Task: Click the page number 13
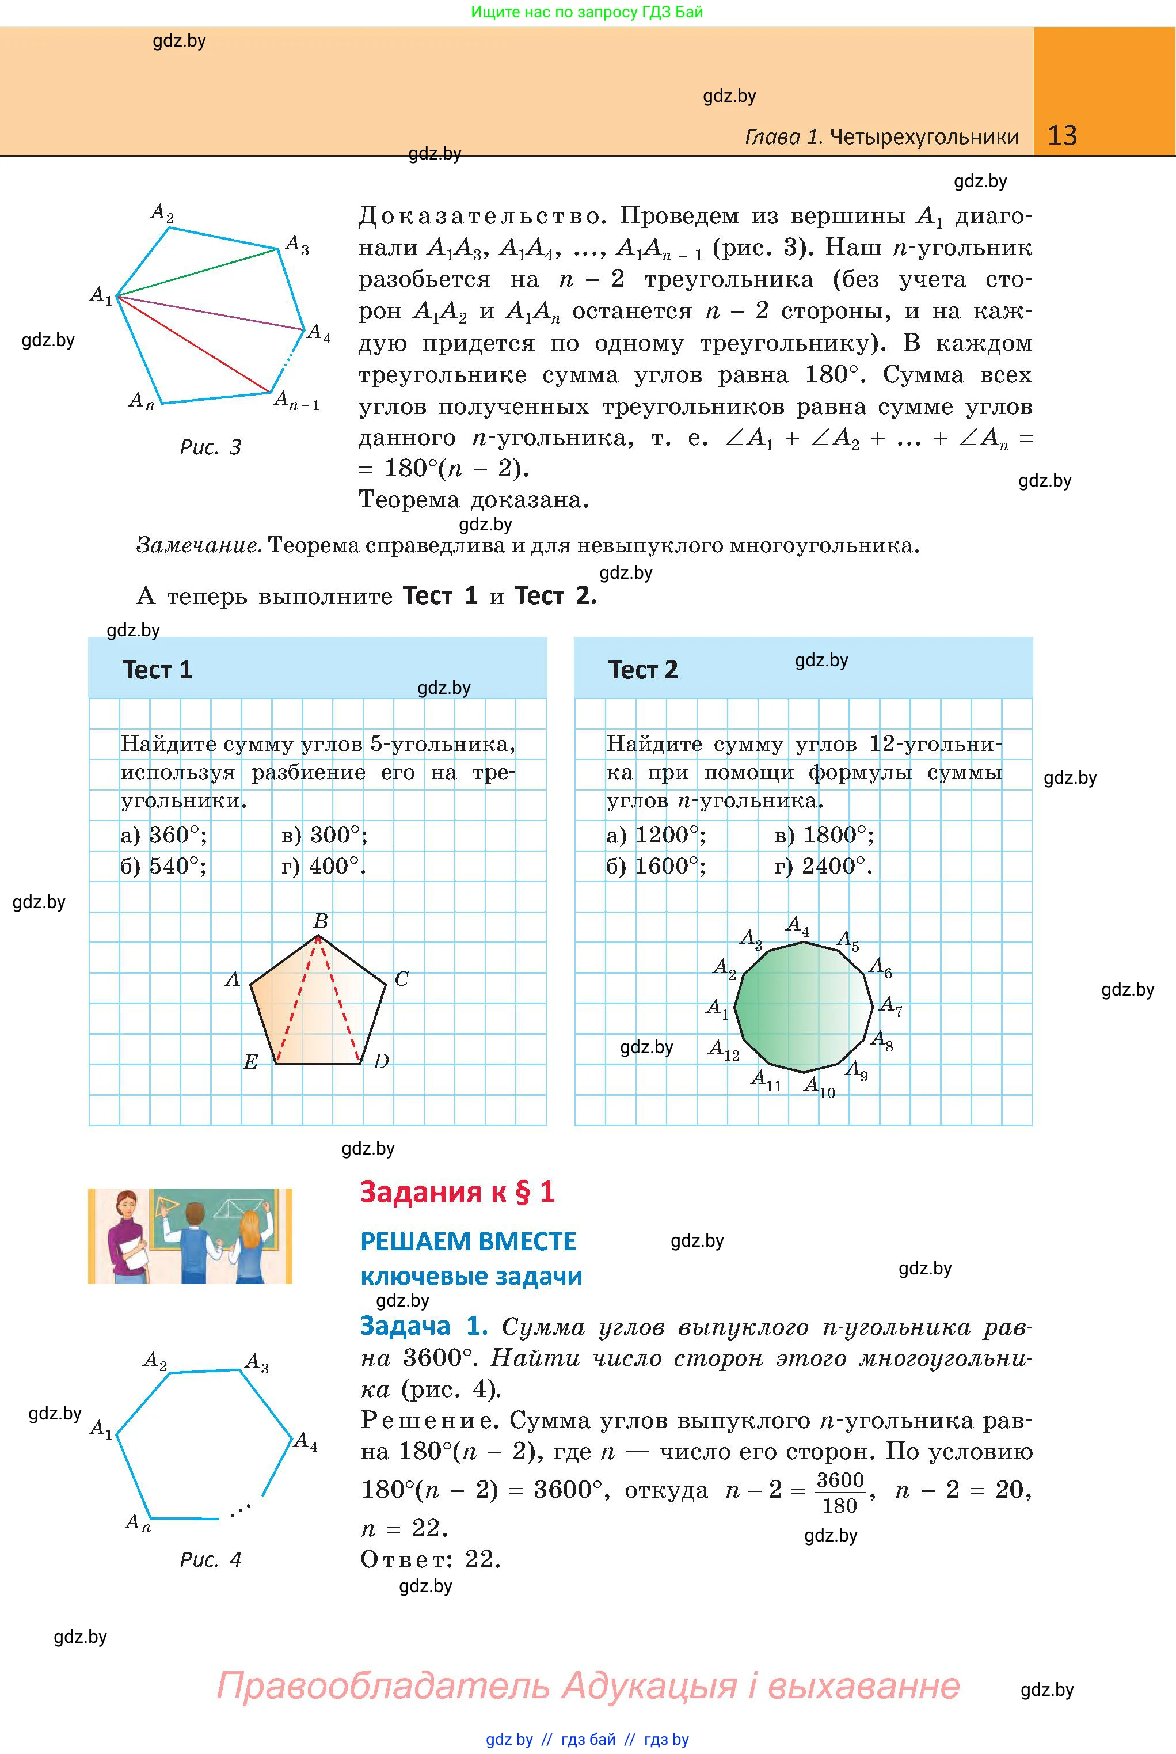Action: click(x=1062, y=135)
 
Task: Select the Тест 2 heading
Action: click(x=643, y=669)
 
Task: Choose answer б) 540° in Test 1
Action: click(x=163, y=867)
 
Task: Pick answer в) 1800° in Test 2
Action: click(x=824, y=835)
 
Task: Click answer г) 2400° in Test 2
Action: click(x=824, y=867)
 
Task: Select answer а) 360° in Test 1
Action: click(x=163, y=835)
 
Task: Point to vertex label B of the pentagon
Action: click(x=320, y=921)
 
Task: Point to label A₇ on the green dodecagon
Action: click(x=891, y=1006)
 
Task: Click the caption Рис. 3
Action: click(x=211, y=448)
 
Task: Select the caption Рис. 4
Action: click(x=211, y=1561)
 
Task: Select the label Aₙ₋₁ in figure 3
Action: click(x=296, y=401)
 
